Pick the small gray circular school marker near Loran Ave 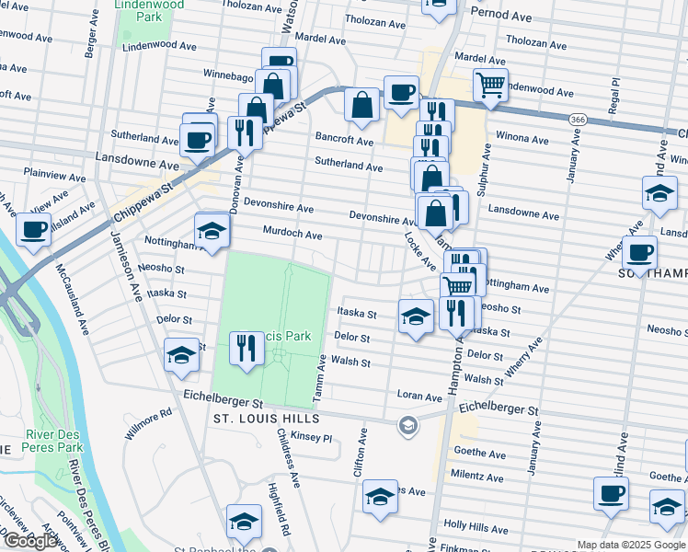(x=407, y=424)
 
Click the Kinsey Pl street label (x=310, y=438)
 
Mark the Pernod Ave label (x=501, y=15)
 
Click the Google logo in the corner (x=30, y=541)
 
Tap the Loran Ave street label (x=419, y=397)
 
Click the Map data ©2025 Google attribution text (x=630, y=545)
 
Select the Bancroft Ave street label (x=345, y=142)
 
